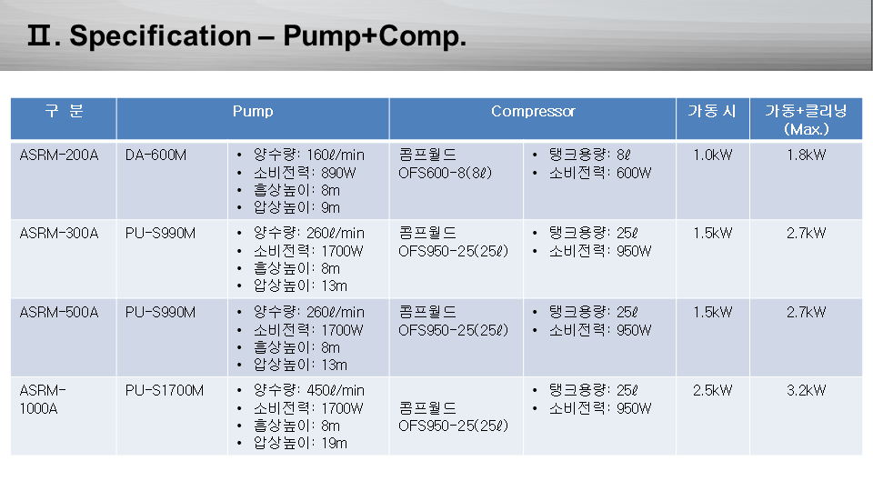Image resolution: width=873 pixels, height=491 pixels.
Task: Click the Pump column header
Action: click(x=253, y=111)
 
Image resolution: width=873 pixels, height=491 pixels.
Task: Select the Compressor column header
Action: click(x=533, y=111)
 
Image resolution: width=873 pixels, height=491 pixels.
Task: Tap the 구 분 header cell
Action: click(x=64, y=111)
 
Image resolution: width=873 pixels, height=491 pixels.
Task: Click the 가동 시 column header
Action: click(x=712, y=111)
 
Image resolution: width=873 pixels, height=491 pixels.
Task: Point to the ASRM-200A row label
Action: click(x=59, y=155)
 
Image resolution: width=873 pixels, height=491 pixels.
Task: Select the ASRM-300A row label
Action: click(x=59, y=233)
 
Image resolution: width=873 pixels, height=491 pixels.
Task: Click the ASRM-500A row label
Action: click(x=59, y=312)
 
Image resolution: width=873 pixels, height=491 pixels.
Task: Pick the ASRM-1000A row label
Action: click(x=43, y=399)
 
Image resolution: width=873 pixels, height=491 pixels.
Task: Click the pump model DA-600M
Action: click(x=156, y=155)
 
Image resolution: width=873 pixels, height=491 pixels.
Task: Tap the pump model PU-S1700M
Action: click(x=165, y=390)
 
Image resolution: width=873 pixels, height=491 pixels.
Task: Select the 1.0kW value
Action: click(x=713, y=155)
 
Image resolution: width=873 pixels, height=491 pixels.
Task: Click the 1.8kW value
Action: click(x=807, y=155)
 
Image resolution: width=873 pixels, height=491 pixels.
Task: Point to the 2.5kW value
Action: click(x=713, y=390)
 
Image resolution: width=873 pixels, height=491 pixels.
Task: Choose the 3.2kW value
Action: click(x=807, y=390)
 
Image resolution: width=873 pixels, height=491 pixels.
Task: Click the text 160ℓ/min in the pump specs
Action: click(x=336, y=155)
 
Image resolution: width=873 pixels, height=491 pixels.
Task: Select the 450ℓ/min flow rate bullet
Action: click(x=309, y=390)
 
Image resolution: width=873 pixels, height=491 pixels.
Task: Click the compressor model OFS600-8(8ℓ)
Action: click(x=446, y=173)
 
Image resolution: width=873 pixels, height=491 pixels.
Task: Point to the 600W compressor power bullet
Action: click(x=600, y=173)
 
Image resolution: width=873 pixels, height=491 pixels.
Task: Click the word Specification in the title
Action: click(x=160, y=35)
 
